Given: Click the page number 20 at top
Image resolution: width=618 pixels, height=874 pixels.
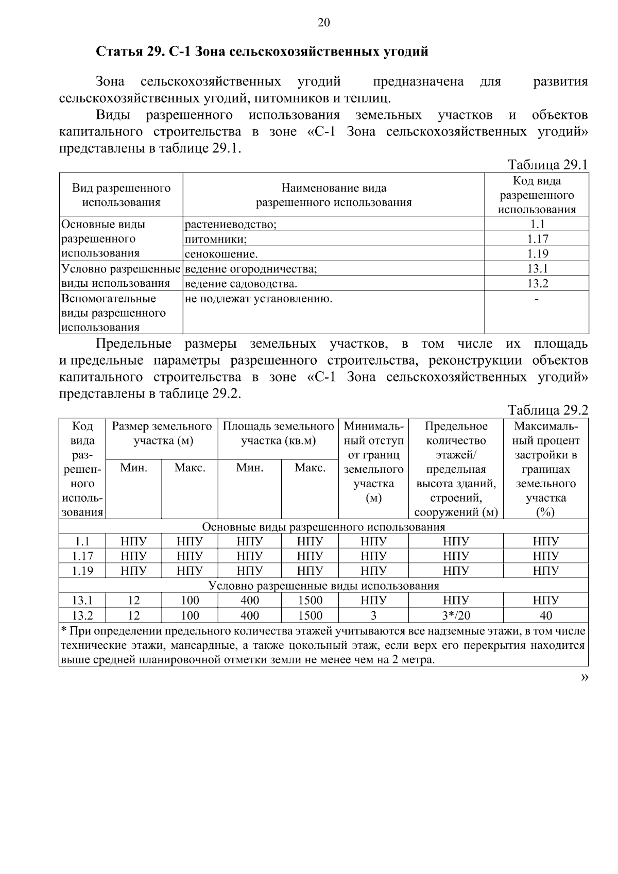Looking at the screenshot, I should coord(323,22).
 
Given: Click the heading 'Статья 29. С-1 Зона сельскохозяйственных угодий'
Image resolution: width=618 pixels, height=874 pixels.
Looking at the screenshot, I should coord(262,52).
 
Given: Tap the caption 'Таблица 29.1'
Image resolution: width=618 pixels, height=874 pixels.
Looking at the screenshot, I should coord(547,165).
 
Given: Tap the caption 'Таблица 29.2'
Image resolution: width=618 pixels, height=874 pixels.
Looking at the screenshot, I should coord(547,410).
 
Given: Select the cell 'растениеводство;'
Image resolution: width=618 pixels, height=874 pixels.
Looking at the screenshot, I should coord(230,225).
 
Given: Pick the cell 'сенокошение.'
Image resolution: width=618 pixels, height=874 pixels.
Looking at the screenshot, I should coord(221,254).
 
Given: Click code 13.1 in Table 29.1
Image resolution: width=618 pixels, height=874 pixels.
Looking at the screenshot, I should coord(537,268).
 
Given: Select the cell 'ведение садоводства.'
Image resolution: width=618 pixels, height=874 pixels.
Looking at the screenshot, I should coord(241,284).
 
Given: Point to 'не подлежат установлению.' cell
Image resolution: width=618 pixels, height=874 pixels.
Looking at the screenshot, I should coord(258,299).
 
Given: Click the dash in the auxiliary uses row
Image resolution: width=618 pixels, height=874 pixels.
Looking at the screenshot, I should coord(537,299).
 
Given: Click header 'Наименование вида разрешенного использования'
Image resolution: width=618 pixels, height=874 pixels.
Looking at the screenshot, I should coord(334,195).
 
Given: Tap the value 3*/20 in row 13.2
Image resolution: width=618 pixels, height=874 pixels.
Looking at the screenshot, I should coord(456,615).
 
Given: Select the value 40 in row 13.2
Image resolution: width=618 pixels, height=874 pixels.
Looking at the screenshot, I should coord(545,615).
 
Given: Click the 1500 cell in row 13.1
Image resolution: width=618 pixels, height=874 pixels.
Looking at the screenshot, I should coord(310,601).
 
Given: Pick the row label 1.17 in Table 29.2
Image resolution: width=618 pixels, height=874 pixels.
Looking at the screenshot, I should coord(82,556).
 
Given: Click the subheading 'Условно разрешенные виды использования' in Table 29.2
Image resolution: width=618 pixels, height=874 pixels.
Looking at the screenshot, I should coord(323,586).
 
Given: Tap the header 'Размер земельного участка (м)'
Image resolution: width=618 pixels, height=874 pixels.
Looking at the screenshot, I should coord(162,434).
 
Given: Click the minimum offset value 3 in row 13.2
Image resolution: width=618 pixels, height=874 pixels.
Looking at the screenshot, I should coord(373,615).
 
